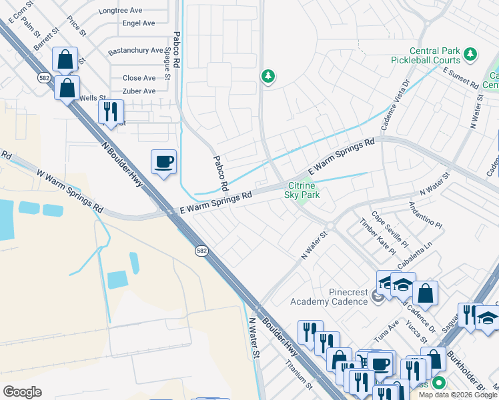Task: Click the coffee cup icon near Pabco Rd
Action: pos(164,162)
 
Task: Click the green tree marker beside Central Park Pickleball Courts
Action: pos(471,53)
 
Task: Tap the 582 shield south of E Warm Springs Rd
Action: pos(201,251)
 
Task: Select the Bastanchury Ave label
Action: pos(135,51)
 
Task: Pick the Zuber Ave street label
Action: pos(139,91)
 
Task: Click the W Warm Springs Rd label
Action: pos(70,191)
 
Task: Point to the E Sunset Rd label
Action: pos(460,79)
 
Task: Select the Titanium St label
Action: pos(299,374)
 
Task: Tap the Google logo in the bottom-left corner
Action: pos(22,391)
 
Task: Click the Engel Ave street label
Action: pos(139,23)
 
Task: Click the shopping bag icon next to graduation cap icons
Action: pos(425,293)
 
